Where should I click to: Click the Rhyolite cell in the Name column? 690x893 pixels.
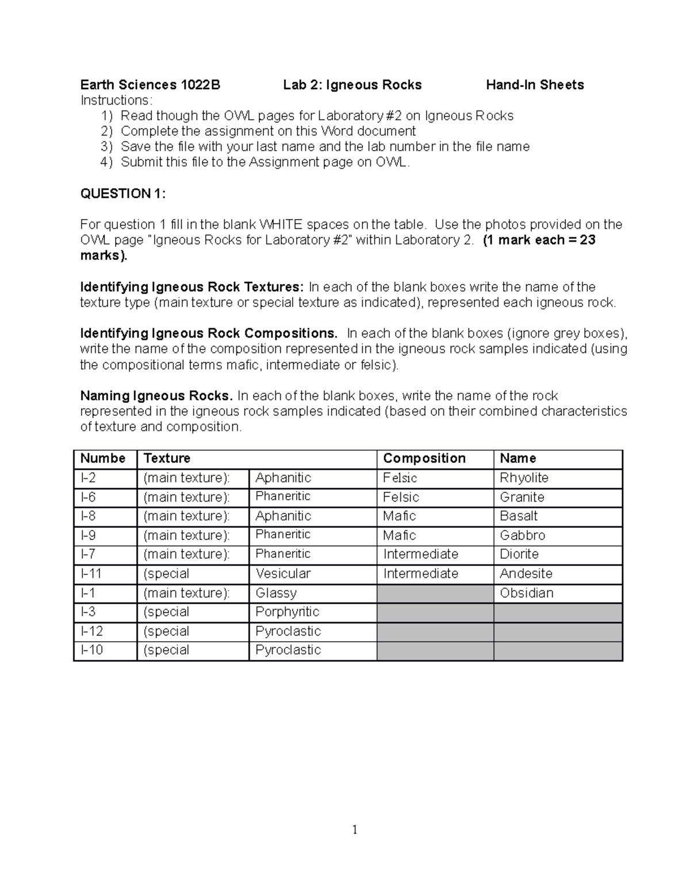pos(524,478)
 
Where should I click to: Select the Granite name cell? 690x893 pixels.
pos(522,497)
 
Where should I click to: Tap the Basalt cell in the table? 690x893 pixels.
pos(519,516)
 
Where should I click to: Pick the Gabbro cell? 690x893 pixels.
pos(522,535)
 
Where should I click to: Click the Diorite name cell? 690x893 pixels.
pos(519,554)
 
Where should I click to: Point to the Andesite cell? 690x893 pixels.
pos(526,573)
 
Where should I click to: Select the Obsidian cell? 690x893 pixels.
pos(526,593)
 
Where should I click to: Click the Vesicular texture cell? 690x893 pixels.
pos(283,573)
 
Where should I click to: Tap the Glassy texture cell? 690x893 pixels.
pos(276,593)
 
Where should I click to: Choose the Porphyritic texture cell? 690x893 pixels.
pos(287,612)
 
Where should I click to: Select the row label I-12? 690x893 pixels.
pos(92,631)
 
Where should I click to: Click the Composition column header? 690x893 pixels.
pos(424,458)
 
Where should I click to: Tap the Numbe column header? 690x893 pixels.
pos(103,458)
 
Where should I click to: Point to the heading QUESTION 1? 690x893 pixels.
pos(122,193)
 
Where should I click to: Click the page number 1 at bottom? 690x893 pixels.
pos(355,829)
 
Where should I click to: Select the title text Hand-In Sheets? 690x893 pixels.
pos(535,85)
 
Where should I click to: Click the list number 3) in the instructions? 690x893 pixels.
pos(107,147)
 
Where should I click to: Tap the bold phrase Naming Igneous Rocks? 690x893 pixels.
pos(156,396)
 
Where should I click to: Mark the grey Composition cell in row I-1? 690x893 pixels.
pos(435,593)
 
